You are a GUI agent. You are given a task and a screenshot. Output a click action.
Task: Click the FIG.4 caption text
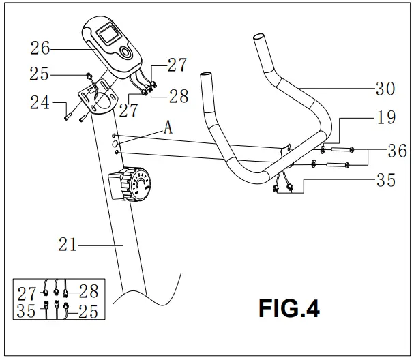pyautogui.click(x=289, y=308)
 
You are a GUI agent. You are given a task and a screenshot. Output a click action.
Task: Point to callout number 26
pyautogui.click(x=40, y=48)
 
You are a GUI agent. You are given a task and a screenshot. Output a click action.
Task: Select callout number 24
pyautogui.click(x=40, y=104)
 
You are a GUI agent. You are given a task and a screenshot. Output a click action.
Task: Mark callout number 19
pyautogui.click(x=385, y=118)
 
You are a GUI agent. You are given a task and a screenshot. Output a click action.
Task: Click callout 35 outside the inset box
pyautogui.click(x=385, y=181)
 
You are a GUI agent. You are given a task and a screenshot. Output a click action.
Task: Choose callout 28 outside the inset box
pyautogui.click(x=178, y=96)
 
